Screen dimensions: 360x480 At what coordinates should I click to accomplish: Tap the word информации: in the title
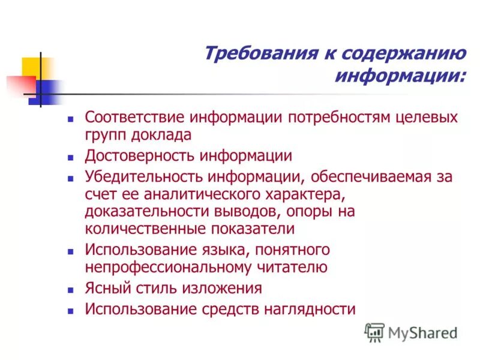[x=399, y=77]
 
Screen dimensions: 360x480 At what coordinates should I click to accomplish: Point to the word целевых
[x=429, y=117]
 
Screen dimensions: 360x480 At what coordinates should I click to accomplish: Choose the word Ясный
[x=106, y=288]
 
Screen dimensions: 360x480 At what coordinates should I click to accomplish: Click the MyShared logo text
[x=422, y=332]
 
